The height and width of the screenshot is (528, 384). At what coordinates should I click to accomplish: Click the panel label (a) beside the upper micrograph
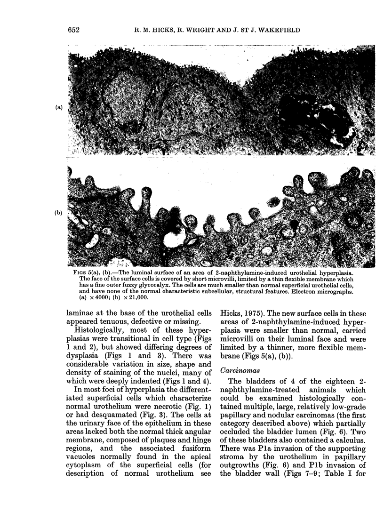point(59,107)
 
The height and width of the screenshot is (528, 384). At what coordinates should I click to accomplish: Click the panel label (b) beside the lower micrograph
point(59,213)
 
